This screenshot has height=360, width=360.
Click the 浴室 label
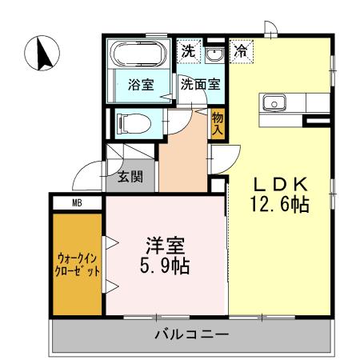(x=141, y=86)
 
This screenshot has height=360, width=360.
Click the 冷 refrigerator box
(x=240, y=50)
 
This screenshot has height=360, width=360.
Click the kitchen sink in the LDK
(x=274, y=102)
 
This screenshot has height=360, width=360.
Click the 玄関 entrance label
(x=131, y=178)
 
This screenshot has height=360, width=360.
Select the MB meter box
(x=78, y=203)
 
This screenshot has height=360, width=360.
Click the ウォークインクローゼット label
(x=78, y=264)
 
